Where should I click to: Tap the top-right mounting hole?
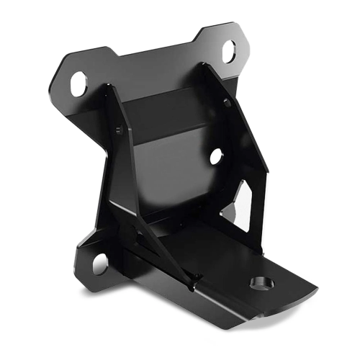[229, 51]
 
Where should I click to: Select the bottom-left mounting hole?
[99, 262]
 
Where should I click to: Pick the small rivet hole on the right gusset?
[227, 103]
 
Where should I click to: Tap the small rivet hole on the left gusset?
[119, 130]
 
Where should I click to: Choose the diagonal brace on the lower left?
[155, 248]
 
